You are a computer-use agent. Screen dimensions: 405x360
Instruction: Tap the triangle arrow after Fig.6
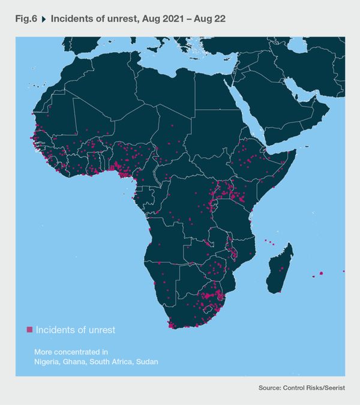point(44,19)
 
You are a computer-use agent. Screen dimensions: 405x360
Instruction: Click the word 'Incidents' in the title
point(71,19)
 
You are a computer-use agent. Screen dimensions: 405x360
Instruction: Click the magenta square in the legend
point(29,330)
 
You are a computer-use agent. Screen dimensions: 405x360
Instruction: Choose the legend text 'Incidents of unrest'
point(75,330)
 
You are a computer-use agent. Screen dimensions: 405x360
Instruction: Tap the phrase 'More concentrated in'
point(71,352)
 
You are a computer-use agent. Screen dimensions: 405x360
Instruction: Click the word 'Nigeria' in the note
point(47,362)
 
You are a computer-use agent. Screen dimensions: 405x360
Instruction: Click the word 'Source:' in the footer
point(271,389)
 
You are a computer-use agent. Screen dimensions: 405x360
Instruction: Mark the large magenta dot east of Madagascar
point(322,273)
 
